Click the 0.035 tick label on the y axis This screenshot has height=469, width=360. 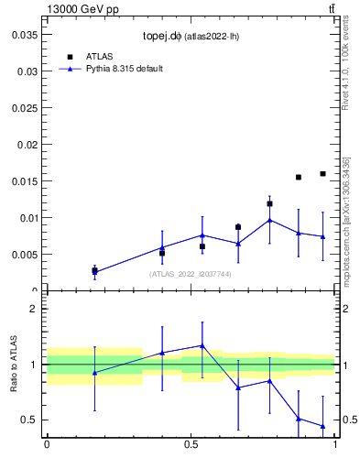click(22, 34)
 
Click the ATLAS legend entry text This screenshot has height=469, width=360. click(99, 57)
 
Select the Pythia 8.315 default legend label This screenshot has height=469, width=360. click(125, 69)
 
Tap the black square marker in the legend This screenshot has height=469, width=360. click(70, 57)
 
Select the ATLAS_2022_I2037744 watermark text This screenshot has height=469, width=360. click(191, 274)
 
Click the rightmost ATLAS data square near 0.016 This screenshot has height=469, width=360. click(322, 173)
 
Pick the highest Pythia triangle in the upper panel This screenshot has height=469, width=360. click(269, 220)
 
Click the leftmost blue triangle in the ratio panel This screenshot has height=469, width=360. click(94, 372)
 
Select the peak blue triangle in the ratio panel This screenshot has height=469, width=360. click(202, 345)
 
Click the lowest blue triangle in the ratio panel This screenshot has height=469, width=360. click(322, 426)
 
